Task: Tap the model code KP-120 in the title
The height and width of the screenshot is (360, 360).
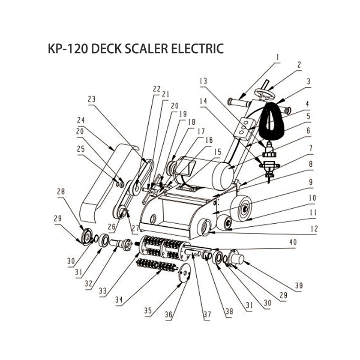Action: pos(68,48)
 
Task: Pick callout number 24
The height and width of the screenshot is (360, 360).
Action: pos(81,120)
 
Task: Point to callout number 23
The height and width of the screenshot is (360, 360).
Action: pos(91,99)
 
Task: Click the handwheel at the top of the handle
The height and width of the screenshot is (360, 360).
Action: pos(264,94)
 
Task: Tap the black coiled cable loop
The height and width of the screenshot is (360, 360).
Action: pos(271,122)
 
